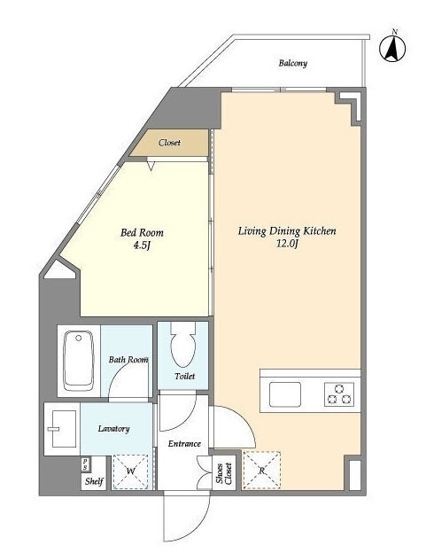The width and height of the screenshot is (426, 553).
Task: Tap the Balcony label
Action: [x=293, y=63]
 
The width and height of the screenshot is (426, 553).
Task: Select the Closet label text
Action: [x=169, y=143]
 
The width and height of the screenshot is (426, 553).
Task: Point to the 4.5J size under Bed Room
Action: [x=142, y=245]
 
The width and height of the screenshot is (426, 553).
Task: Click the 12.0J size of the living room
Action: [x=287, y=244]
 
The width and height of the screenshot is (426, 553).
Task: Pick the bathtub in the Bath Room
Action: [x=79, y=361]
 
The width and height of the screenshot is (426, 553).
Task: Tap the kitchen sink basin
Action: [x=285, y=394]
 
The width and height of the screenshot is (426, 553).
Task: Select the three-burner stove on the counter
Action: [x=339, y=394]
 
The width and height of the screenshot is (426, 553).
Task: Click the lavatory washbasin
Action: [x=63, y=429]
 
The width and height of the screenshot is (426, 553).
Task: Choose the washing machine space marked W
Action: [x=130, y=471]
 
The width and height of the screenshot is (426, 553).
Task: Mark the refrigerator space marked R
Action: [x=261, y=470]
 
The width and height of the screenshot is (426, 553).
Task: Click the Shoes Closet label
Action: [x=224, y=473]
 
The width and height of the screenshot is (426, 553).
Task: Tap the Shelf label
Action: [x=94, y=481]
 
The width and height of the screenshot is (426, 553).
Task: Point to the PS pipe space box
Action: [x=85, y=463]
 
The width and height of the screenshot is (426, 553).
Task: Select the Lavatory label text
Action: [x=113, y=429]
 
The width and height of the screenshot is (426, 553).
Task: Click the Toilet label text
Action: [x=184, y=377]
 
